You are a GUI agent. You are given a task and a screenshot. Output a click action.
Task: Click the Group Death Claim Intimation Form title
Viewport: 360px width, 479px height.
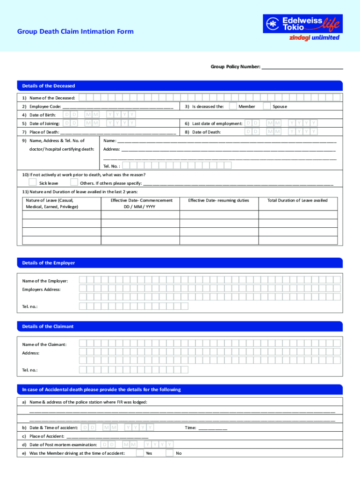pos(75,31)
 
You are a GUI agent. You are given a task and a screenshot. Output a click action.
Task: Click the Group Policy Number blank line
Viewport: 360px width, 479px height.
pos(302,67)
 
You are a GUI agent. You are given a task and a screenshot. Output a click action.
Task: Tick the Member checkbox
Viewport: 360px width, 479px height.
pos(233,106)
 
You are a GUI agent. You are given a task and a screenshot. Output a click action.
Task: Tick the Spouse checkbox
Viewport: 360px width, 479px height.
pos(266,106)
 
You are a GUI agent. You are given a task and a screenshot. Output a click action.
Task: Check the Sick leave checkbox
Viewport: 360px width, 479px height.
pos(33,182)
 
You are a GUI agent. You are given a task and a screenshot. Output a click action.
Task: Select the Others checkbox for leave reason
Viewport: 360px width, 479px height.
pos(74,182)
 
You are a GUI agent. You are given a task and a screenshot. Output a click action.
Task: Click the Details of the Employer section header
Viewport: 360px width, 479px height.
pos(49,263)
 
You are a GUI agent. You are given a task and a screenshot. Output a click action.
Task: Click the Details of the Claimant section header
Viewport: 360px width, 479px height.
pos(48,326)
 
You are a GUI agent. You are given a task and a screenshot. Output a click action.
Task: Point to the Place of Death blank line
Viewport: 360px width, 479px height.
pos(118,132)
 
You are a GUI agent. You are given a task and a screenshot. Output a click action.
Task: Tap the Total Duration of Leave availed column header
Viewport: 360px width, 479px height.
pos(297,200)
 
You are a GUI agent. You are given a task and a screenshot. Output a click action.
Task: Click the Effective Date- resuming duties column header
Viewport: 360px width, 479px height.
pos(218,200)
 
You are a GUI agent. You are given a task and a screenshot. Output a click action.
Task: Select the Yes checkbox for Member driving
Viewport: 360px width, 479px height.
pos(140,453)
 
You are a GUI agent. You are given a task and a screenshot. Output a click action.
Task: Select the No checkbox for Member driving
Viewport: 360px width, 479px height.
pos(169,453)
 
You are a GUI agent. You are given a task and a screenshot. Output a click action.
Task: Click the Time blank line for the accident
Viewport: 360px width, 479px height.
pos(213,428)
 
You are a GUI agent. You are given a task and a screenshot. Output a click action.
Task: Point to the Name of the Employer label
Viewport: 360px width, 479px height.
pos(45,281)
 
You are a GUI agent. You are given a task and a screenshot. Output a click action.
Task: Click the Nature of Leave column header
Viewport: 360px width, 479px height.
pos(52,203)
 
